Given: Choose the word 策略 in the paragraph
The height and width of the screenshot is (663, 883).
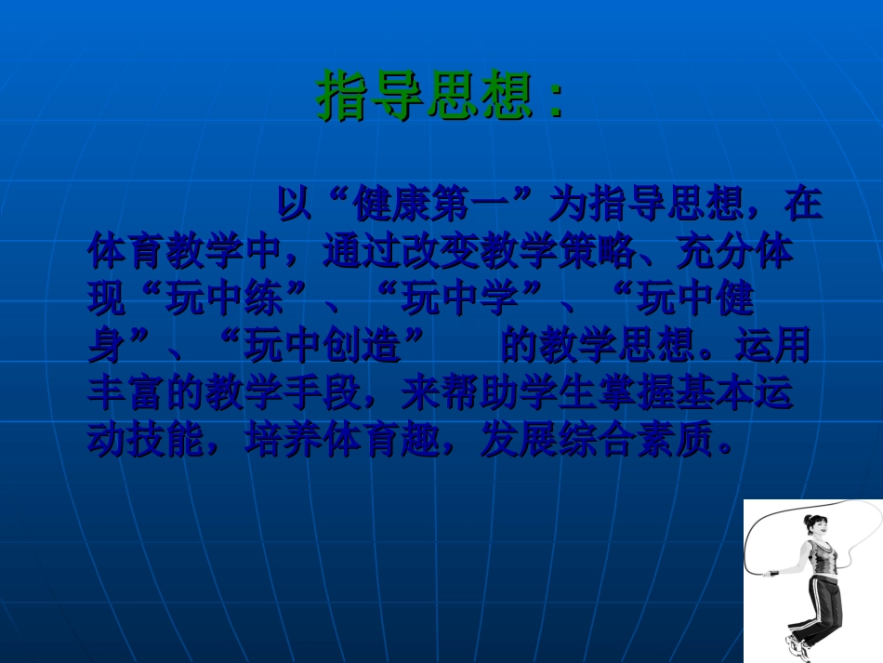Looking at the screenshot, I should [x=597, y=252].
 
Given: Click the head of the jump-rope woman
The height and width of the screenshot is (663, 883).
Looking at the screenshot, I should [x=815, y=527].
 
